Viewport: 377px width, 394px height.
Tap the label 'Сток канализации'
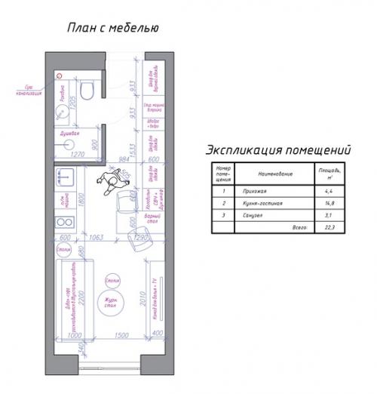coord(28,92)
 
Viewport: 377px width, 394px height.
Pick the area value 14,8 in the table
coord(326,203)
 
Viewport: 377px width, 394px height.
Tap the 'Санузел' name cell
coord(250,214)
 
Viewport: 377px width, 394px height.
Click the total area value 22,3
coord(326,226)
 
